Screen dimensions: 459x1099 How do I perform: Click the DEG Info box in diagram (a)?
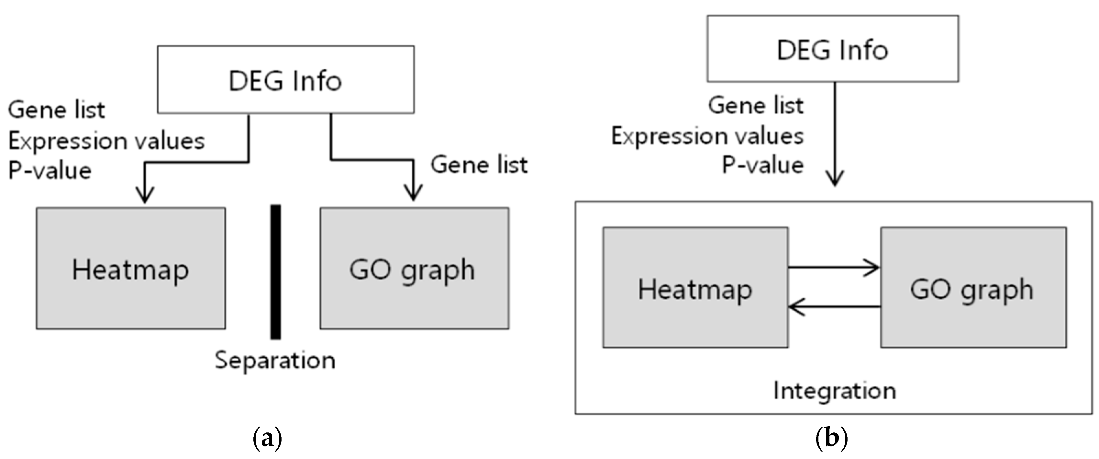pyautogui.click(x=285, y=80)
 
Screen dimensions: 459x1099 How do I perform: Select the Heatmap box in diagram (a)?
pyautogui.click(x=130, y=269)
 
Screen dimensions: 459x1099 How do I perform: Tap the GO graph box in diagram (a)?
pyautogui.click(x=414, y=269)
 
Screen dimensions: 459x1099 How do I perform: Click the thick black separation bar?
pyautogui.click(x=276, y=272)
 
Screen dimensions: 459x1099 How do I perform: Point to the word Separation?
pyautogui.click(x=275, y=360)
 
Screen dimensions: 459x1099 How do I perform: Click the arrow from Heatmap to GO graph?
pyautogui.click(x=832, y=268)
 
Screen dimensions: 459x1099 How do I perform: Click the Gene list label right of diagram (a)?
pyautogui.click(x=479, y=165)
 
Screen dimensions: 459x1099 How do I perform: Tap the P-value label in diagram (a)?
pyautogui.click(x=50, y=170)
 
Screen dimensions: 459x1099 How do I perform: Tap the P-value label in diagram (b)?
pyautogui.click(x=762, y=165)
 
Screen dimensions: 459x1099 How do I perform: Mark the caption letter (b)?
pyautogui.click(x=831, y=439)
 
